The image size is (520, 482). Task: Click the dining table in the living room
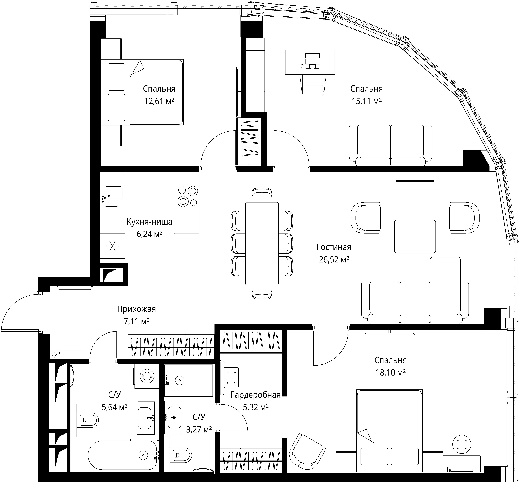point(262,243)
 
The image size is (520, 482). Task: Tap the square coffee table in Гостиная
point(415,236)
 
